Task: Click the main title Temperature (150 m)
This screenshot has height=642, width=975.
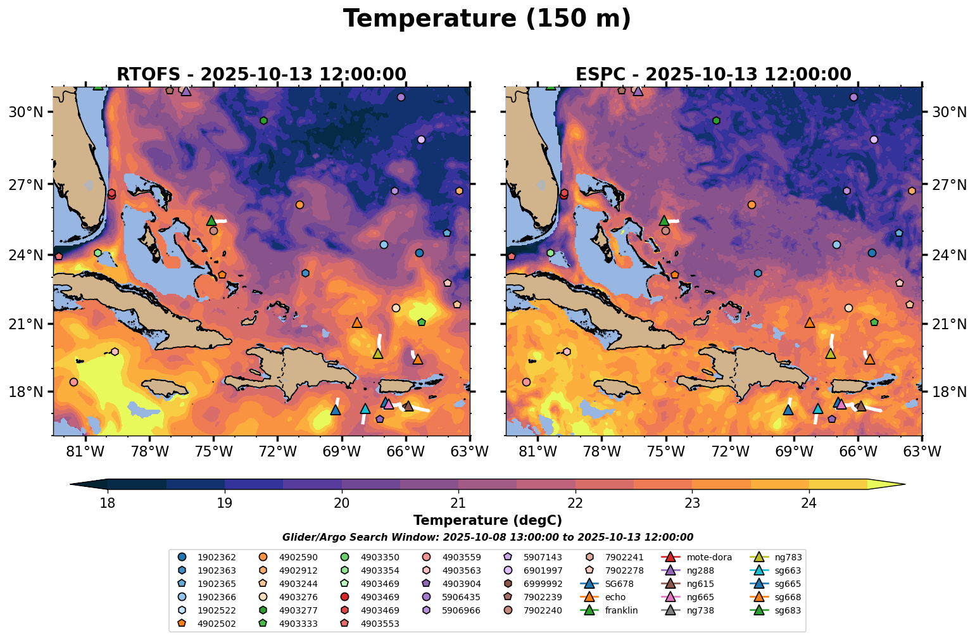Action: click(487, 19)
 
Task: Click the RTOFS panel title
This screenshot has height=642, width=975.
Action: click(261, 75)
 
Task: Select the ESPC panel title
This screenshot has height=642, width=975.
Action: click(713, 75)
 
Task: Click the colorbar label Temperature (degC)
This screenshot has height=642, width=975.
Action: click(487, 520)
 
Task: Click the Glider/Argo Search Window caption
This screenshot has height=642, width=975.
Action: click(487, 537)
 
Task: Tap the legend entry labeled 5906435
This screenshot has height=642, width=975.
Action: click(462, 598)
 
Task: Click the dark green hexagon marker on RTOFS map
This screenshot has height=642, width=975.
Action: click(263, 120)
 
